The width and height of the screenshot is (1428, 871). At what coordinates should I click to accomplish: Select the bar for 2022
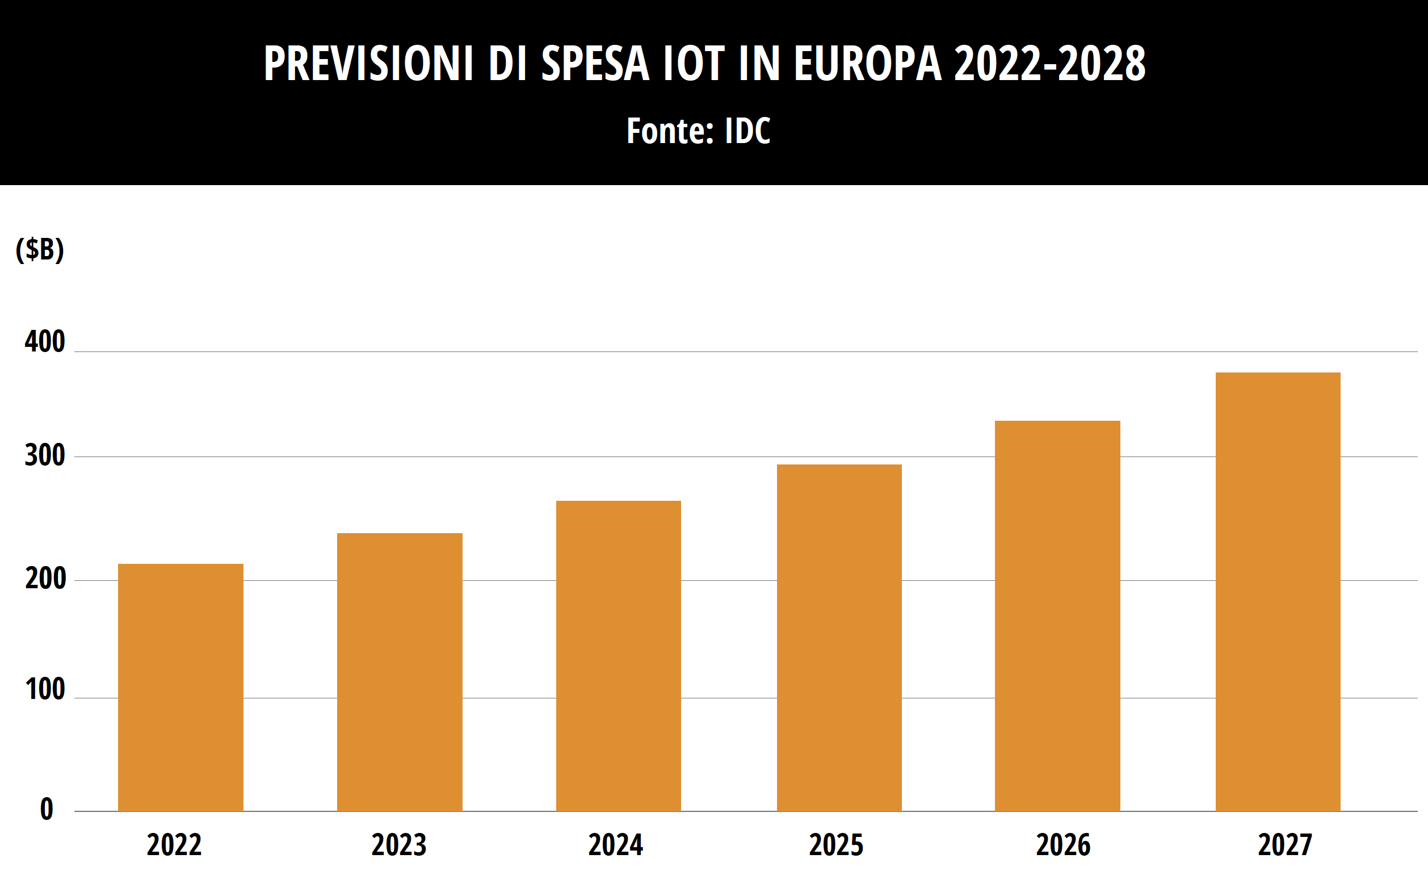[180, 687]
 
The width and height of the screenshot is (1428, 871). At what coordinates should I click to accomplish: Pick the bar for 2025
[839, 637]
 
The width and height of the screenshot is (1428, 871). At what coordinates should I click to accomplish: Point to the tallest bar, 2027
[1278, 592]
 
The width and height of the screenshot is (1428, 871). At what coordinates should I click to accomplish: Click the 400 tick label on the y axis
[45, 342]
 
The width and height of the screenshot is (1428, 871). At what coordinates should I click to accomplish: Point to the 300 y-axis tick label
[45, 456]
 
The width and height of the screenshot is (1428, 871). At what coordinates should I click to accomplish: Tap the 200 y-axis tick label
[45, 579]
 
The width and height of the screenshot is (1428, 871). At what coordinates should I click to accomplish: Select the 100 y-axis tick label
[45, 689]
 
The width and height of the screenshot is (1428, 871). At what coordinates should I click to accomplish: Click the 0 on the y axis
[47, 810]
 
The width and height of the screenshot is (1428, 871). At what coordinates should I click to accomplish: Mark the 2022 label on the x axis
[174, 845]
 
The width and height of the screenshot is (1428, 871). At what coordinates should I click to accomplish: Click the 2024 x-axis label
[615, 845]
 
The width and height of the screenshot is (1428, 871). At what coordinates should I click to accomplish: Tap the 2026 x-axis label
[1063, 845]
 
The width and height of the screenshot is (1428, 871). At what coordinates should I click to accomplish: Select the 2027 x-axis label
[1284, 845]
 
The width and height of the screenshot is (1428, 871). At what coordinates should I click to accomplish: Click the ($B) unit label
[39, 249]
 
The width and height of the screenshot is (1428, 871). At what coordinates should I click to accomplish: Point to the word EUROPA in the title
[867, 63]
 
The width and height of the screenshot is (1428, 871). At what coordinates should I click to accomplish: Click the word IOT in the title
[693, 63]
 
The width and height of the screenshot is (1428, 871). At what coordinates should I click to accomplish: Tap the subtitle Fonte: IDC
[698, 131]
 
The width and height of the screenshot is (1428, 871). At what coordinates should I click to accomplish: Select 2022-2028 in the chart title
[1049, 63]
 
